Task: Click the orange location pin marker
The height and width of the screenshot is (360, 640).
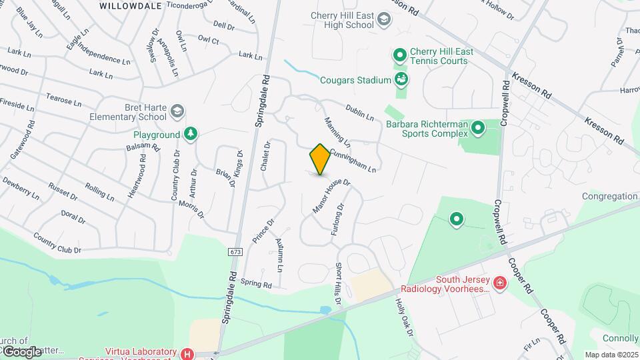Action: click(320, 159)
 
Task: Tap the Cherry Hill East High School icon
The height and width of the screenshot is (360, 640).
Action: click(384, 20)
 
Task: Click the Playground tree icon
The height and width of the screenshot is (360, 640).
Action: click(191, 135)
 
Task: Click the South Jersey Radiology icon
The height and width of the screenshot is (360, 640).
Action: click(500, 284)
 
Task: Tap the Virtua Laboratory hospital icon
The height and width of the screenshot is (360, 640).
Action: click(187, 353)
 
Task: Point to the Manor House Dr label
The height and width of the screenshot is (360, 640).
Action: click(331, 196)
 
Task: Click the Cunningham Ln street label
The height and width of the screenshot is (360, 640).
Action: click(353, 160)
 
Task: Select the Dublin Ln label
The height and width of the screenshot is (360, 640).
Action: click(359, 112)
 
